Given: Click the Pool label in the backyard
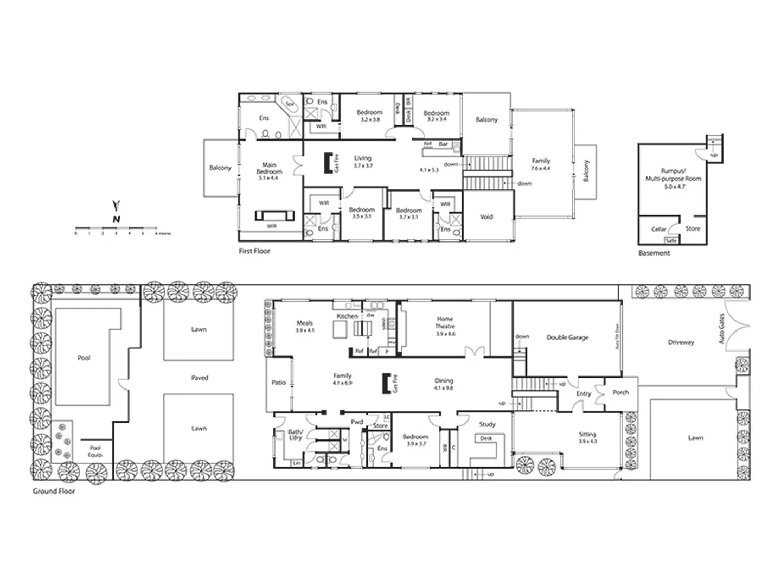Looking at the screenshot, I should pyautogui.click(x=84, y=358).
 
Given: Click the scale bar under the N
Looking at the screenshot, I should pyautogui.click(x=116, y=227).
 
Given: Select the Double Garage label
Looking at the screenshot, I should pyautogui.click(x=567, y=337).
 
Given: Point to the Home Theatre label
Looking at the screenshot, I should pyautogui.click(x=445, y=323).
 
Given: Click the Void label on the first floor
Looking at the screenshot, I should pyautogui.click(x=486, y=217).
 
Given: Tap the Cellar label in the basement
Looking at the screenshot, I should pyautogui.click(x=658, y=229).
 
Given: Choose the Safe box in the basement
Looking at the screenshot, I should pyautogui.click(x=671, y=240).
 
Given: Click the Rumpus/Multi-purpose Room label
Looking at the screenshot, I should pyautogui.click(x=673, y=179).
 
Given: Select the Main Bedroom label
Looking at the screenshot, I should pyautogui.click(x=269, y=168).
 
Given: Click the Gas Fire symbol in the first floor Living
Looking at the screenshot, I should pyautogui.click(x=328, y=163).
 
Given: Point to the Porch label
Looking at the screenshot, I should pyautogui.click(x=620, y=392).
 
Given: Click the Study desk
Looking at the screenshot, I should pyautogui.click(x=486, y=438).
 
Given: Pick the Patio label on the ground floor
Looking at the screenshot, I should pyautogui.click(x=278, y=383).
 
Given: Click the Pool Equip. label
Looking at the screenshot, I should pyautogui.click(x=95, y=451).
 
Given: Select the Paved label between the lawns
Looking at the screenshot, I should pyautogui.click(x=200, y=378).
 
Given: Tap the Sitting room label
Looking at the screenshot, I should pyautogui.click(x=587, y=435).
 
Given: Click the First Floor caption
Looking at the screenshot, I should pyautogui.click(x=254, y=251).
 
